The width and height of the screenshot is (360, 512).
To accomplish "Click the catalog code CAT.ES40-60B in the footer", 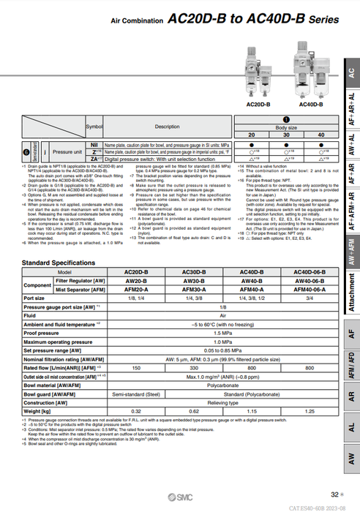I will click(x=314, y=506).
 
